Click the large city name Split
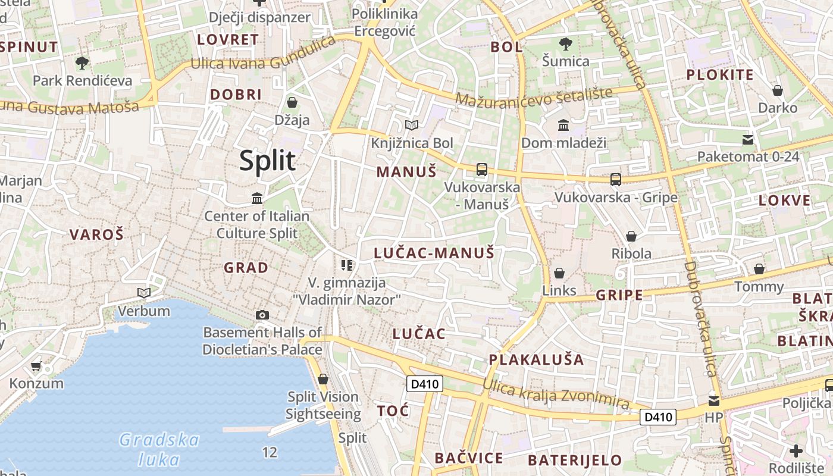point(268,161)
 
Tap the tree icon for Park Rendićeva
point(82,62)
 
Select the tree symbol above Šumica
point(566,43)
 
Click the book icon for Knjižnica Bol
point(412,125)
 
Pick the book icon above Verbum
point(144,293)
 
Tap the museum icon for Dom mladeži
point(563,125)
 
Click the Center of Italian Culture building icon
point(257,198)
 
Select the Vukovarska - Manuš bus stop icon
point(482,170)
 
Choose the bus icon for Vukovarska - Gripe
point(616,179)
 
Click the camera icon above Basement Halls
point(262,315)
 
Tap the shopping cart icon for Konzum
point(36,366)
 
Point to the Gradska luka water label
point(159,449)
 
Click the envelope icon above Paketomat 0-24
point(748,140)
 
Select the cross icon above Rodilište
point(796,450)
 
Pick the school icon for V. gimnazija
point(347,265)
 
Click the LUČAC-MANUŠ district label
point(434,253)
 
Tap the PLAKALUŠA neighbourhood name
point(536,359)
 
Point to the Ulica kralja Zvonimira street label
point(556,394)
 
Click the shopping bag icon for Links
point(559,273)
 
